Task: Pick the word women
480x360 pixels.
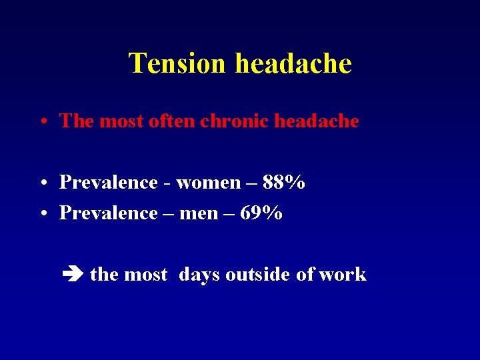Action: [208, 182]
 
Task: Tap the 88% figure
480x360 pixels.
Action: [284, 182]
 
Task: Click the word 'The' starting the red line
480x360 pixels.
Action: [77, 121]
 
